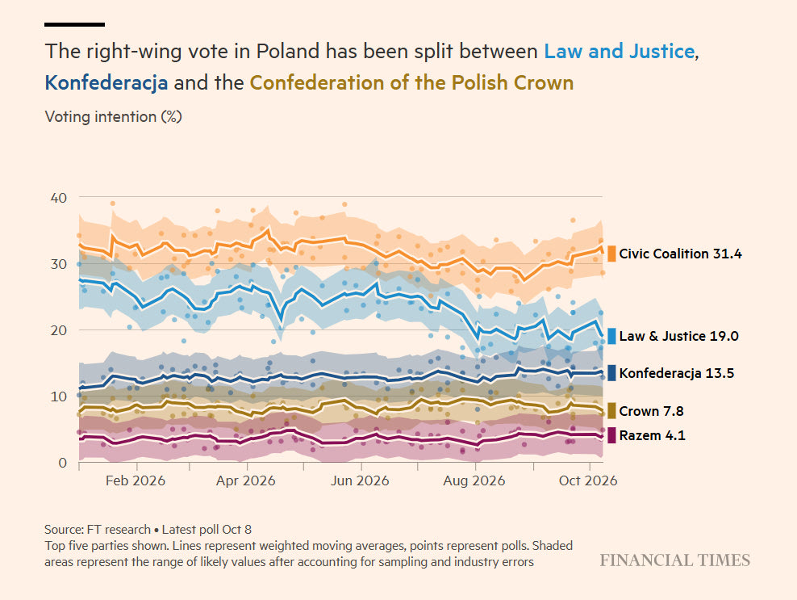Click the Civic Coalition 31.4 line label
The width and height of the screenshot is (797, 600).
coord(680,254)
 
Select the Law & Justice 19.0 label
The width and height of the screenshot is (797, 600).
coord(678,336)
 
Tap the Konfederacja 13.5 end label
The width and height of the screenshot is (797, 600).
coord(677,373)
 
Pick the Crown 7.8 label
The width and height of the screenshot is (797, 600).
coord(651,411)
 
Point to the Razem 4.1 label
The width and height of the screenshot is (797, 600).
coord(652,435)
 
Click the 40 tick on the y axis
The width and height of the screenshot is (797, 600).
coord(58,198)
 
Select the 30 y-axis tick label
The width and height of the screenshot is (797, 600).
coord(58,263)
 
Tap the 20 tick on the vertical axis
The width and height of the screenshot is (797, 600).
coord(58,329)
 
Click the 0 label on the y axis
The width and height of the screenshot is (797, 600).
coord(63,463)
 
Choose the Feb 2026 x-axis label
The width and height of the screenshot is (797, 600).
coord(136,481)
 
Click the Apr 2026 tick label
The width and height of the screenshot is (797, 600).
coord(245,481)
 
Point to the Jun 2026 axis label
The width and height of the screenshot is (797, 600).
coord(360,481)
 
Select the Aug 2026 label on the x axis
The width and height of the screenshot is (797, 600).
coord(474,481)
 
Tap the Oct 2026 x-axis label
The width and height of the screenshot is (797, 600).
coord(588,481)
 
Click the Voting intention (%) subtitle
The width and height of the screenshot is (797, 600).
coord(114,116)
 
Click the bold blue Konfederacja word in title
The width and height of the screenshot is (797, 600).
coord(106,82)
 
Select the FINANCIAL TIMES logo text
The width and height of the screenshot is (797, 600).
coord(675,560)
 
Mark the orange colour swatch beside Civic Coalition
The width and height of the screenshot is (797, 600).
coord(611,254)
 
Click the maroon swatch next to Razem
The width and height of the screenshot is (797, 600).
coord(611,435)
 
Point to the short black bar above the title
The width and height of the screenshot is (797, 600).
coord(75,24)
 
